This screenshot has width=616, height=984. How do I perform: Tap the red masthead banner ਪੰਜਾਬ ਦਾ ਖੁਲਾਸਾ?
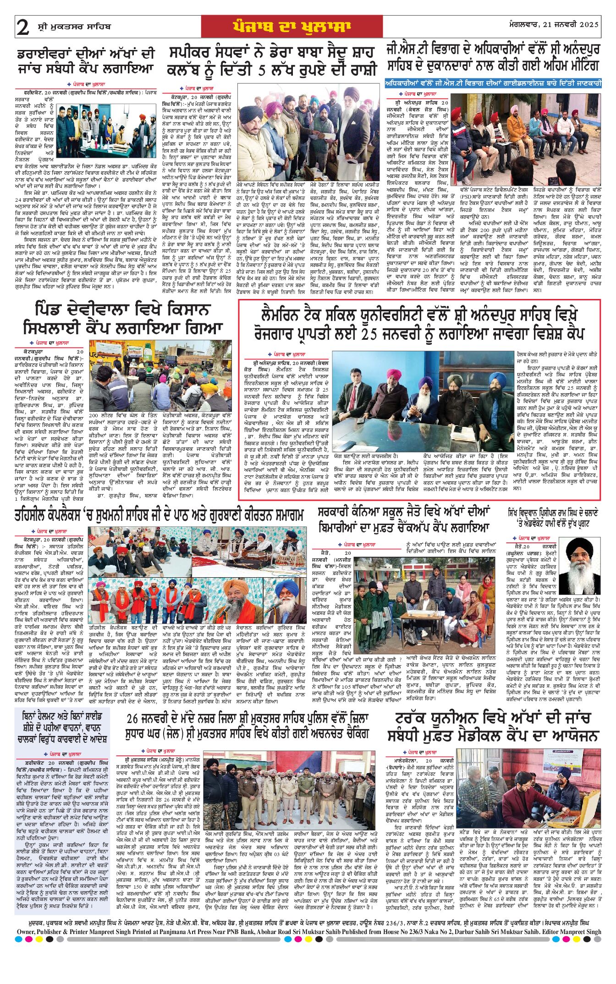point(292,27)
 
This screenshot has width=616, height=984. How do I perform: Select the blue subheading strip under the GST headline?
point(493,84)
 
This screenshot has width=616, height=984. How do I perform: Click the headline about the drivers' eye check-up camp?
point(86,61)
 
